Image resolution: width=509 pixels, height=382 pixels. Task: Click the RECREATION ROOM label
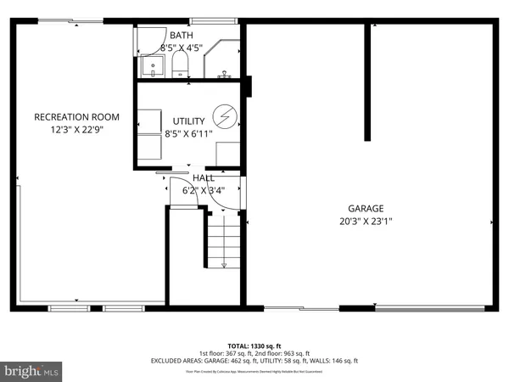click(x=76, y=116)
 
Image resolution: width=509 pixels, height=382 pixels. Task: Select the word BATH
click(x=181, y=36)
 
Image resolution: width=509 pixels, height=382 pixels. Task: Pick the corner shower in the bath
click(x=224, y=59)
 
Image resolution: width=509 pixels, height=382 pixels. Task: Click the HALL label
click(x=204, y=178)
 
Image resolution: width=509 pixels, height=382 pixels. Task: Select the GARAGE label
click(x=366, y=208)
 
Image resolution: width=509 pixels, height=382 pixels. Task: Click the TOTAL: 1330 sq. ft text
click(x=255, y=346)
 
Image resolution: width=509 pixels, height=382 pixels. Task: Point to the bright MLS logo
click(x=32, y=371)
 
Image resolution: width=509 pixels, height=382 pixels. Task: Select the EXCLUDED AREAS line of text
click(x=255, y=361)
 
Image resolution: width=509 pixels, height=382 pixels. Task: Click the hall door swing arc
click(x=179, y=188)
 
